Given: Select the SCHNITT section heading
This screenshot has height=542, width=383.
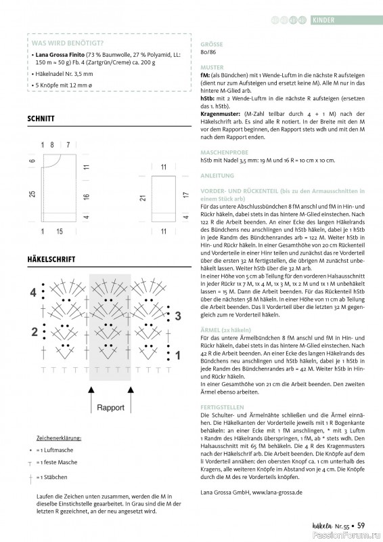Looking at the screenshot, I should click(41, 118).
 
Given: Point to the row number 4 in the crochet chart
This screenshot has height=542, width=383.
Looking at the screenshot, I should click(32, 293).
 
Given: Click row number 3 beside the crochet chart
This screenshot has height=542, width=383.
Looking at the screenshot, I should click(177, 316).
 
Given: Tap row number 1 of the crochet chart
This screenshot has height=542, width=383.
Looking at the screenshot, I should click(177, 354).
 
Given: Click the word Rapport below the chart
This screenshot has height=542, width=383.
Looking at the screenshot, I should click(110, 408).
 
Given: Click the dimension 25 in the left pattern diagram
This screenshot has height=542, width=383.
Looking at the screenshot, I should click(32, 194).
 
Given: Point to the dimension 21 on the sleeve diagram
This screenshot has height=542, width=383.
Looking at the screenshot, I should click(142, 198).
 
